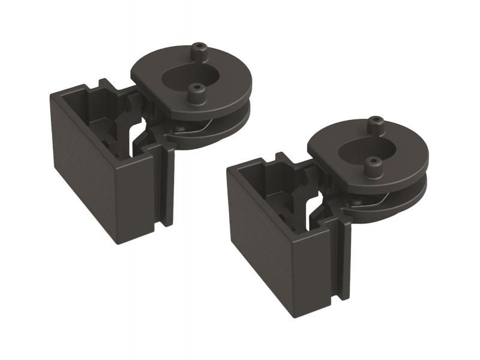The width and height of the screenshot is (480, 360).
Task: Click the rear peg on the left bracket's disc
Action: (x=197, y=50)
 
